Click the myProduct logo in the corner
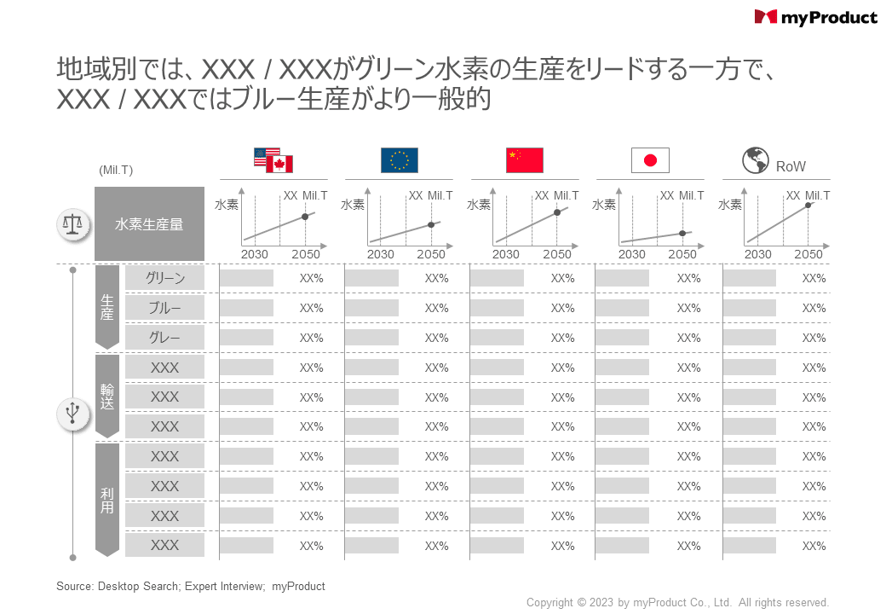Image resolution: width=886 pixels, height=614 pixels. [x=815, y=17]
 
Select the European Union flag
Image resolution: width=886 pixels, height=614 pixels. [x=399, y=160]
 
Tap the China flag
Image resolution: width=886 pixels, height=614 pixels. [x=524, y=160]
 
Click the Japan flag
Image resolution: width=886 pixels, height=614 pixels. [x=650, y=160]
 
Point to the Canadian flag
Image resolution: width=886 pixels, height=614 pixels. [x=279, y=165]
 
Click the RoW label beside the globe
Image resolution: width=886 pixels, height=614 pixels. [x=791, y=166]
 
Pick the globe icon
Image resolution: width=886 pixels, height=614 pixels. [x=755, y=160]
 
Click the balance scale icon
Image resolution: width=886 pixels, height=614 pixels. [x=73, y=224]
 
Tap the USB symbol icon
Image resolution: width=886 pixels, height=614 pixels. [x=73, y=414]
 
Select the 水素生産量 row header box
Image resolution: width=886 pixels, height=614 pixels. [x=149, y=224]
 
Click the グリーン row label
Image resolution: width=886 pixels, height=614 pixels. [x=164, y=278]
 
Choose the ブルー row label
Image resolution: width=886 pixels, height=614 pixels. [x=164, y=308]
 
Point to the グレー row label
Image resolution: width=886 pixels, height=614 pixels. [x=164, y=338]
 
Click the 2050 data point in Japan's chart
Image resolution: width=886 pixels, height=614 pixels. [x=682, y=233]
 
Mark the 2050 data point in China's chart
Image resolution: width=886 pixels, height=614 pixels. [x=556, y=212]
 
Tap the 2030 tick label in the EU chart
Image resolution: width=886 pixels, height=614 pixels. [x=381, y=254]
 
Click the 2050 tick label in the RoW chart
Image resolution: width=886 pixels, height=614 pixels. [x=808, y=254]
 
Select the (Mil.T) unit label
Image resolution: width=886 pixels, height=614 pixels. [x=116, y=171]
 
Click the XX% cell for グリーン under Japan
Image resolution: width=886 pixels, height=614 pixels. [x=688, y=278]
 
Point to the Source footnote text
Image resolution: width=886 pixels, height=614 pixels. [x=191, y=587]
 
